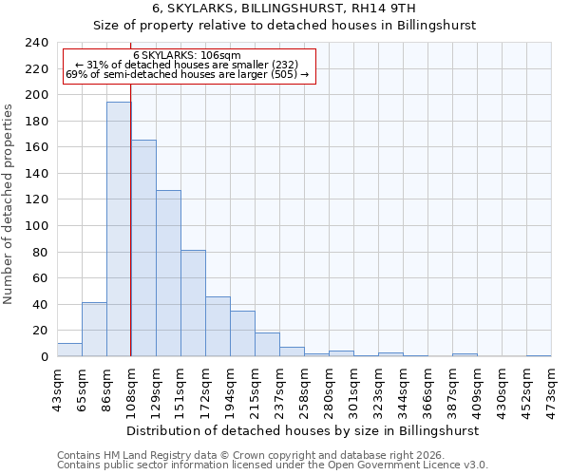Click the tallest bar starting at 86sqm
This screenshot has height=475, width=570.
pos(119,229)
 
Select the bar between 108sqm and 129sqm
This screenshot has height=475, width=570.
pos(143,248)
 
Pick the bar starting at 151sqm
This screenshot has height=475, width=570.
pos(193,303)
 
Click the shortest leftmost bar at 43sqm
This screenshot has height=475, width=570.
pos(69,350)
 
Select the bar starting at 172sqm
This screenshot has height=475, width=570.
pos(218,327)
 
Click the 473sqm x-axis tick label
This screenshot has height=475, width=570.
pos(552,388)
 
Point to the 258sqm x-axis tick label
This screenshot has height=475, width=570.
pos(305,388)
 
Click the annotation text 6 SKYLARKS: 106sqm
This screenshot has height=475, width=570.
pos(187,55)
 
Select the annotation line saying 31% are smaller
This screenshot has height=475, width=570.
pos(187,65)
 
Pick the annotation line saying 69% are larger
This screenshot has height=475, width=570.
pos(187,74)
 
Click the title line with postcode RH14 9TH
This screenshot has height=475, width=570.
pos(284,8)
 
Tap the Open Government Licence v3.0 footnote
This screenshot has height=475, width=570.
pos(272,465)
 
